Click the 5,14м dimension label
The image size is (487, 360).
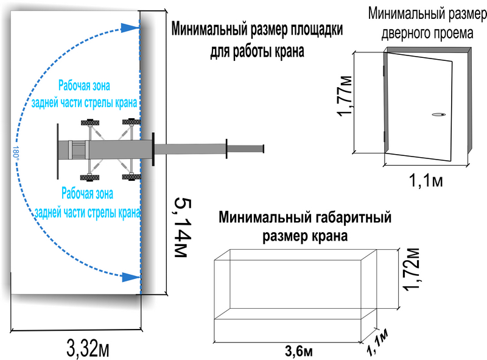[183, 227]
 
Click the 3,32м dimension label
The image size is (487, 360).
[88, 348]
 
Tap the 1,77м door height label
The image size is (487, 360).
[345, 96]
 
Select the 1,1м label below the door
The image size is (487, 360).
[426, 180]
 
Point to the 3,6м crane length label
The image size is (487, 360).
[299, 351]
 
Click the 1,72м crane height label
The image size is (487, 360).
[412, 269]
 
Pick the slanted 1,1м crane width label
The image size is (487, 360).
[377, 341]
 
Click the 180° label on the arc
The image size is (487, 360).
[16, 152]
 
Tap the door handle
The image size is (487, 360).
[438, 115]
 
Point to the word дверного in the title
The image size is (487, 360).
[401, 34]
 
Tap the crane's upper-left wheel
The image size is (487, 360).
[90, 122]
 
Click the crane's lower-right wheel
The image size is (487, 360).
[131, 177]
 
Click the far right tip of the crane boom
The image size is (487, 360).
[264, 149]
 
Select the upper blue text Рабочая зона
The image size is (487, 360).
[84, 85]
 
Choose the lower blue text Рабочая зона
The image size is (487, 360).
[87, 193]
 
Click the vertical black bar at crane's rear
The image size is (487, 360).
[58, 152]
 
